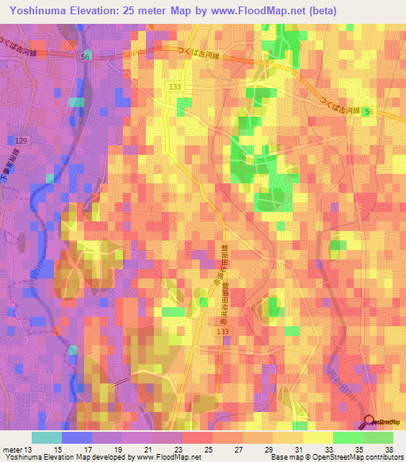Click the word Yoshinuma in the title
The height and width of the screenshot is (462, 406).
(39, 10)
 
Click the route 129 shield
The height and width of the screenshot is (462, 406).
(22, 140)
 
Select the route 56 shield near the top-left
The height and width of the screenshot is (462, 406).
(86, 58)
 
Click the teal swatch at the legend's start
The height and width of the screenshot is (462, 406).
(47, 437)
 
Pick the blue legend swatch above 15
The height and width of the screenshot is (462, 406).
(77, 437)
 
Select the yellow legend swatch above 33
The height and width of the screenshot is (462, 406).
(318, 437)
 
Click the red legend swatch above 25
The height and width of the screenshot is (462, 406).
(197, 437)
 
